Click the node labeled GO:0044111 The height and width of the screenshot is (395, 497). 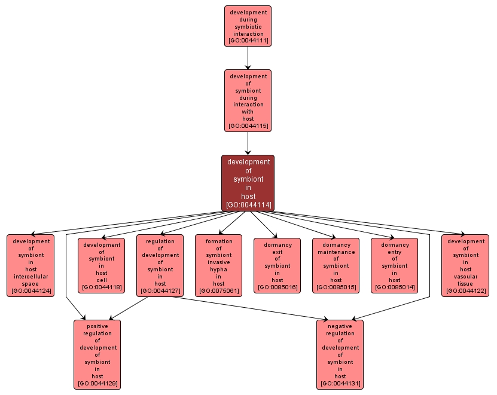point(248,26)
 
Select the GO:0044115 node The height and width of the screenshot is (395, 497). point(248,100)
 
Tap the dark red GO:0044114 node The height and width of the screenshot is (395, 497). point(248,183)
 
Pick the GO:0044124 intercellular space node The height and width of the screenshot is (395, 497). point(31,265)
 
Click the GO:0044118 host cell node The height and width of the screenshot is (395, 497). point(101,265)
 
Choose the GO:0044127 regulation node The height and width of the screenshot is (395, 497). point(160,265)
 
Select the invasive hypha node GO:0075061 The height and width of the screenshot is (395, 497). point(218,265)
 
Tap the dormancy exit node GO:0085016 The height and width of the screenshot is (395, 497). point(277,265)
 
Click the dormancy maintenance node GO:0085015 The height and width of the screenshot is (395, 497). point(336,265)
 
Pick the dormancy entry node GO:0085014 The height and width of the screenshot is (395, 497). point(394,265)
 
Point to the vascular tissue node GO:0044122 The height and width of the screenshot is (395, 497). point(465,265)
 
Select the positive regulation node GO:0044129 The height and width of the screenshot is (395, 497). point(97,354)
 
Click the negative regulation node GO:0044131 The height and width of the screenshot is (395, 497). point(340,354)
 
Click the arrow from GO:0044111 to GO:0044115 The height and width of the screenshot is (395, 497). point(248,58)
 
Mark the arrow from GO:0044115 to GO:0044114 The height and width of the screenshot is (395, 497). point(248,143)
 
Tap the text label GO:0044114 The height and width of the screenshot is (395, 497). point(248,205)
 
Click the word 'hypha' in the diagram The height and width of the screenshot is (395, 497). point(218,269)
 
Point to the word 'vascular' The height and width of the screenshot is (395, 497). point(465,276)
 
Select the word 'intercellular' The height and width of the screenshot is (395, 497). point(31,276)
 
